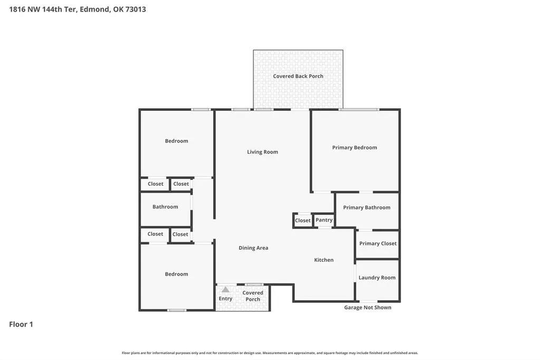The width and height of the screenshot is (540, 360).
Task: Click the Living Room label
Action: (x=262, y=152)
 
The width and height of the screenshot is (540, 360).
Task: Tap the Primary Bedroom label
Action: (x=354, y=147)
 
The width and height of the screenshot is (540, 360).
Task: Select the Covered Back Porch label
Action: (x=298, y=76)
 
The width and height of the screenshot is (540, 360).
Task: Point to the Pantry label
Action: (x=324, y=220)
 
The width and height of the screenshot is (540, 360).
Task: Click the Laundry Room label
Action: (x=377, y=278)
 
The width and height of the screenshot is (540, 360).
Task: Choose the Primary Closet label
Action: (x=378, y=243)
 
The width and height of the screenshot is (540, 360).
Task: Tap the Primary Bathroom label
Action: (x=367, y=207)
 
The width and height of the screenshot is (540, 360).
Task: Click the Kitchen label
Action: (x=324, y=260)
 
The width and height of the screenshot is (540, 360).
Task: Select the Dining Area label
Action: (x=253, y=248)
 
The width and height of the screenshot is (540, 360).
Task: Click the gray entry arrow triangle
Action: (x=225, y=290)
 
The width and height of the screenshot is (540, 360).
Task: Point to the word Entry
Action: (x=225, y=299)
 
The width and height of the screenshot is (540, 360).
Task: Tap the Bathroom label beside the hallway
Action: (x=165, y=207)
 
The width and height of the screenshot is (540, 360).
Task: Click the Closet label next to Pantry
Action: (x=302, y=221)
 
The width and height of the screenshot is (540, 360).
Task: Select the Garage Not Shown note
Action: (x=368, y=308)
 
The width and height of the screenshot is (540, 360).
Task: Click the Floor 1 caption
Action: (x=21, y=324)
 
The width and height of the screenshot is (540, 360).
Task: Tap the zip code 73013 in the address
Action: (x=136, y=10)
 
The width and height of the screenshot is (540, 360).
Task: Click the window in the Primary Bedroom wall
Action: (x=359, y=110)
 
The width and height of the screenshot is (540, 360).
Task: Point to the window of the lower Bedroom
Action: (x=177, y=310)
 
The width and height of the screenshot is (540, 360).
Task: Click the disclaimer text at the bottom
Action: (x=270, y=353)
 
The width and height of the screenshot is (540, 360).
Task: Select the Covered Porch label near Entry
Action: (x=253, y=296)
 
